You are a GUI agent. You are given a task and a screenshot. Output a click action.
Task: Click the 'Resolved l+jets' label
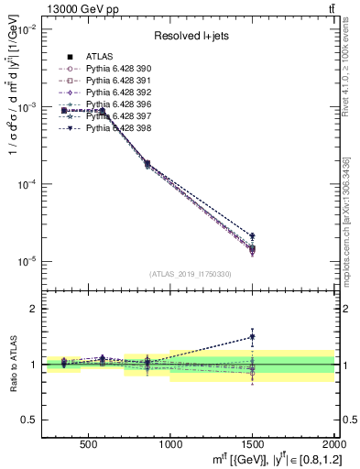[189, 36]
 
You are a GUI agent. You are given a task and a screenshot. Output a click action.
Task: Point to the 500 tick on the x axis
[89, 444]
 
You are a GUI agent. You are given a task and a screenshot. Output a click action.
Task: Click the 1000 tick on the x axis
[169, 444]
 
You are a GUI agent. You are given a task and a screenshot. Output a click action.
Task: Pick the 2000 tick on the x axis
[332, 444]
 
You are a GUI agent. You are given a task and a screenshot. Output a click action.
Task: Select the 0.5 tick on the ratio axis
[35, 420]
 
